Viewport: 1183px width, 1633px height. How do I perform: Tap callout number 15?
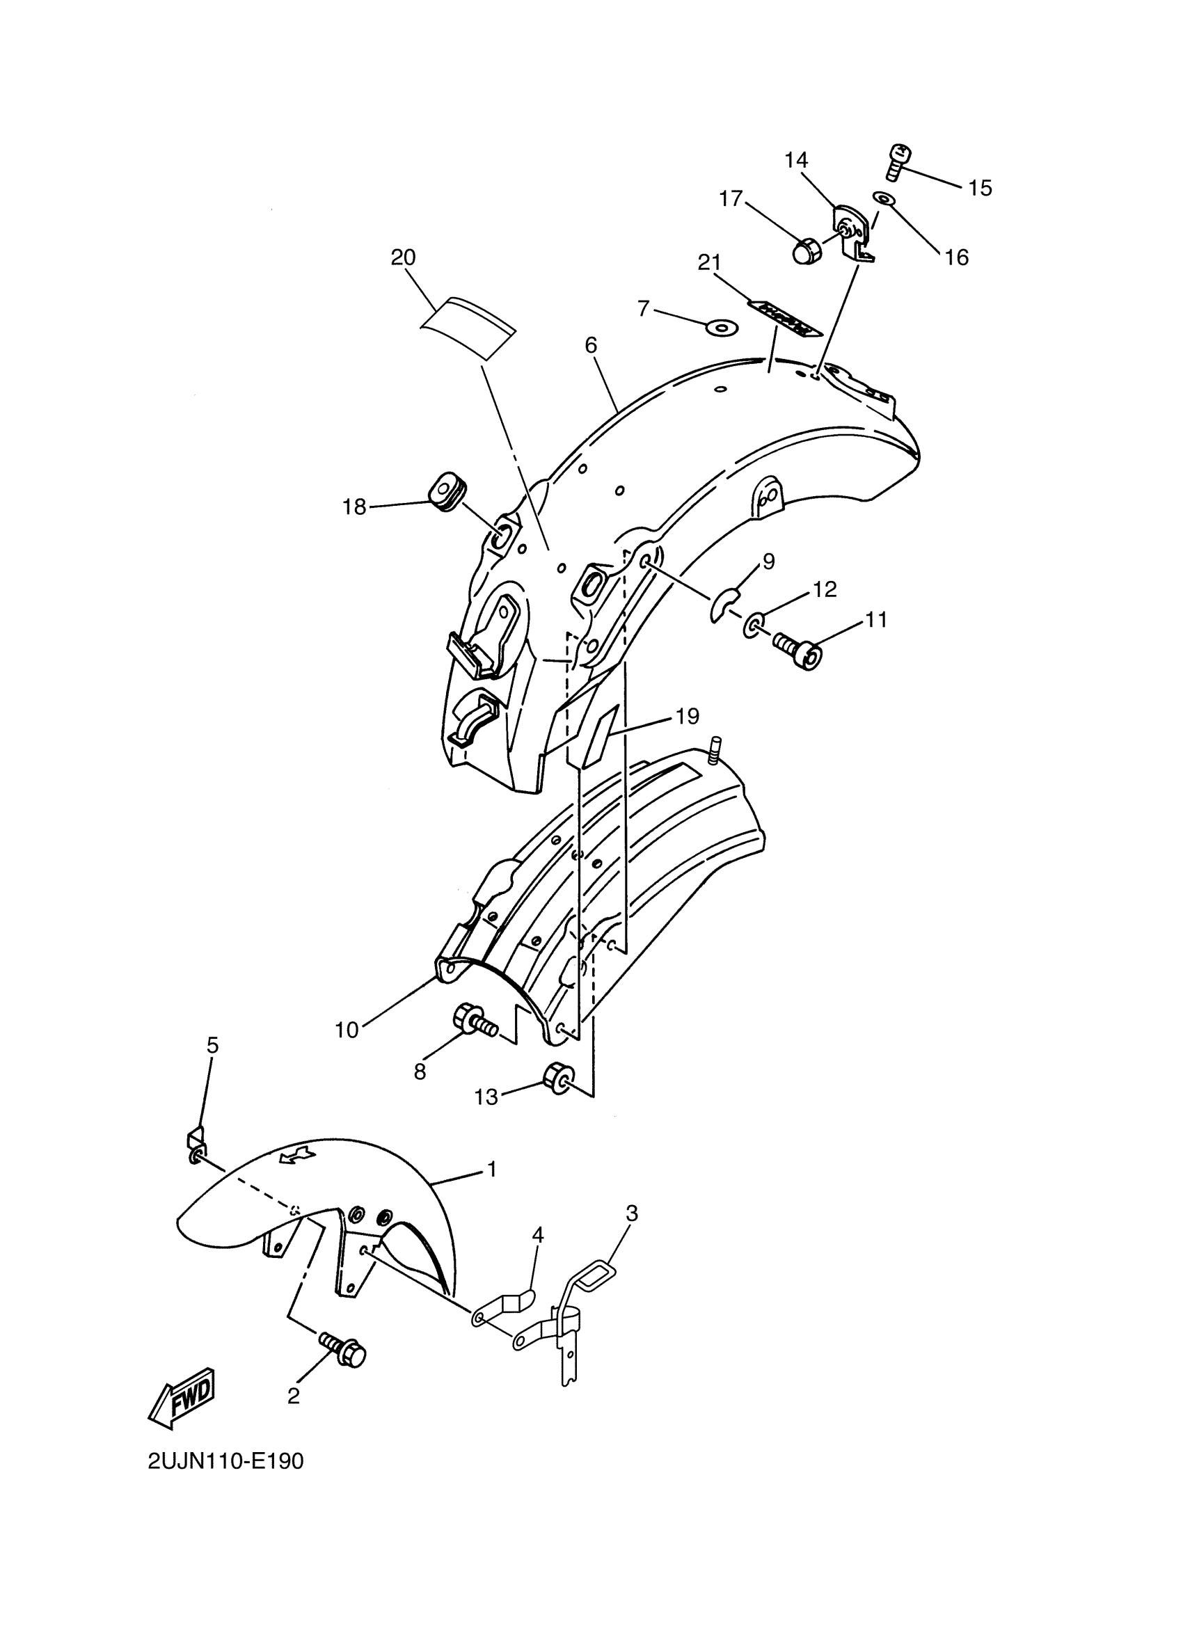979,188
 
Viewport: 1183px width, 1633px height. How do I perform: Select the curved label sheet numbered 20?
469,327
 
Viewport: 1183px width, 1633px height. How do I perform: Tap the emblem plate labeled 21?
784,318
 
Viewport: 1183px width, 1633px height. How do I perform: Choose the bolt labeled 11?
797,649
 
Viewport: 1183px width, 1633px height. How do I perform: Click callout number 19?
687,717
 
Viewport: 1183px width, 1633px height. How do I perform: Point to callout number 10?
347,1030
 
